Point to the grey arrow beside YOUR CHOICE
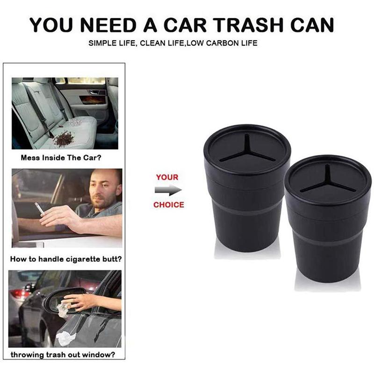tap(167, 190)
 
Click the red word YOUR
tap(167, 177)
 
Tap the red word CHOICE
tap(168, 204)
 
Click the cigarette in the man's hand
tap(40, 209)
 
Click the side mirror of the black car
tap(56, 299)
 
